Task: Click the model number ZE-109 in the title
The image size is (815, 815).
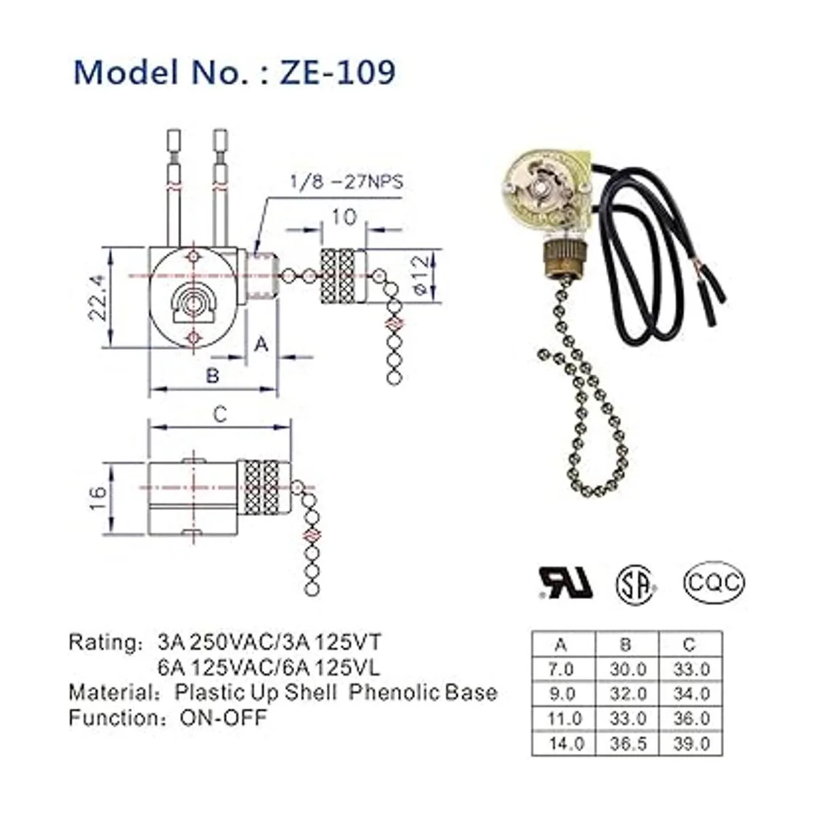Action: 338,72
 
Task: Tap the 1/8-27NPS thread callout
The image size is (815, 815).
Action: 346,182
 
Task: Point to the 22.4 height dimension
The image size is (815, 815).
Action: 97,297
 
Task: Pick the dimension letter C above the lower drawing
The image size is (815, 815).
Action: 220,415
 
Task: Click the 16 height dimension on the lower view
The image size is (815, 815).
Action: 98,492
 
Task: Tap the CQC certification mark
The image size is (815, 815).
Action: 714,583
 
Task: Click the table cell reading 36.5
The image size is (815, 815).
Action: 628,743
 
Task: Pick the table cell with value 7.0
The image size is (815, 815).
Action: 561,670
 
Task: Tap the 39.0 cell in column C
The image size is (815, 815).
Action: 691,743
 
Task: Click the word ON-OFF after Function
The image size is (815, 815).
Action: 223,717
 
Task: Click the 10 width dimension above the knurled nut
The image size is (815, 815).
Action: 344,217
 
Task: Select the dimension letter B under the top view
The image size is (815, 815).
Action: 213,375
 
